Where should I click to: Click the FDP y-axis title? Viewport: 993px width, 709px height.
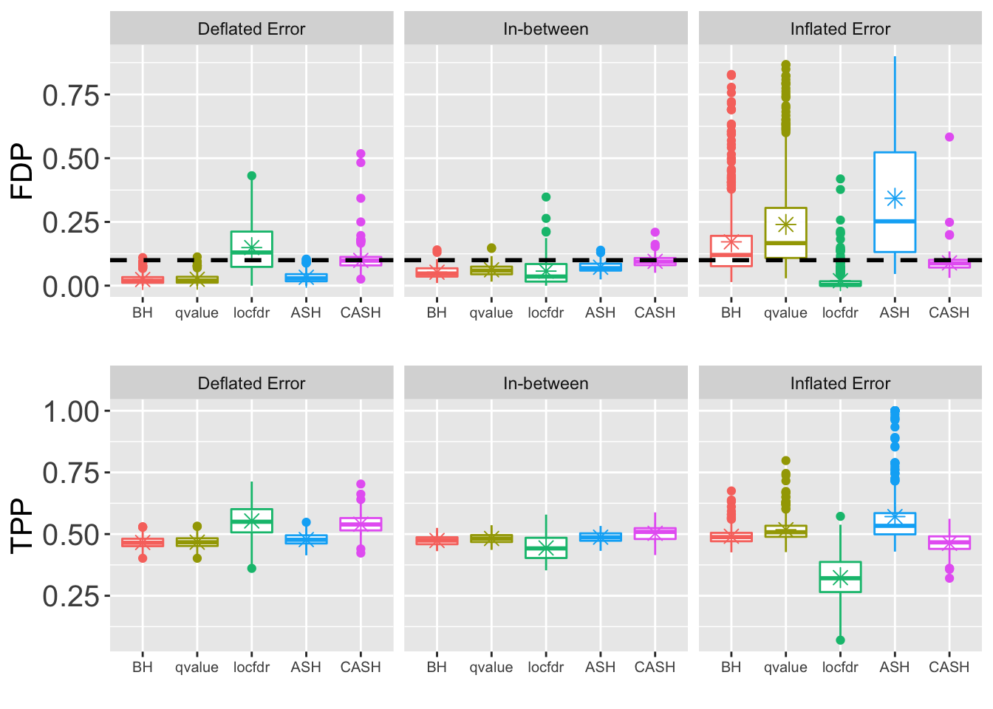(x=22, y=171)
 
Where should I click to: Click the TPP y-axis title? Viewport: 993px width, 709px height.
(x=22, y=525)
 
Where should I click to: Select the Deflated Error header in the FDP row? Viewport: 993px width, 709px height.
(x=251, y=30)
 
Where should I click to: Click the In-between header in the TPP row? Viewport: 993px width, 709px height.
(x=545, y=384)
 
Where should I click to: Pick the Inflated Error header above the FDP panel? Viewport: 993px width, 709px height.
(x=840, y=30)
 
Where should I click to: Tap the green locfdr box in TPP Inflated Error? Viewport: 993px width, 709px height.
(x=840, y=577)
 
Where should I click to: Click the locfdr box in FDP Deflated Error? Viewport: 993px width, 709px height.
(x=251, y=249)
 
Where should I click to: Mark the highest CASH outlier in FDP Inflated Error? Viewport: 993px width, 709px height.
(x=949, y=137)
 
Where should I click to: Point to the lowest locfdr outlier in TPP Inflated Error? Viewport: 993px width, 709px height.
(x=840, y=640)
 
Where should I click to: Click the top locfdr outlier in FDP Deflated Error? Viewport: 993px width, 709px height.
(x=251, y=176)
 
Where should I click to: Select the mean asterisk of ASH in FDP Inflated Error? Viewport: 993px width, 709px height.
(x=895, y=198)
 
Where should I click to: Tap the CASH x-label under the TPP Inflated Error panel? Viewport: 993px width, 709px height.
(x=949, y=668)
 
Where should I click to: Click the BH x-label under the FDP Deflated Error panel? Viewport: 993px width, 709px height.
(x=143, y=313)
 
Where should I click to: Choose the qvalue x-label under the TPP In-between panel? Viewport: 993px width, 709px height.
(x=491, y=668)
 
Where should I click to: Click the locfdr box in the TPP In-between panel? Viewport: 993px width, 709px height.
(x=546, y=548)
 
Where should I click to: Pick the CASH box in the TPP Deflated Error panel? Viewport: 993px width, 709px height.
(x=361, y=524)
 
